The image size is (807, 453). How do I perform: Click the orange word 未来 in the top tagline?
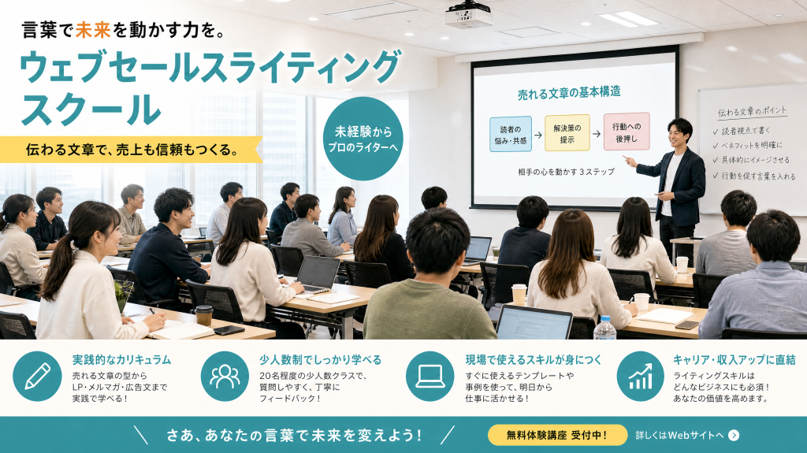click(x=93, y=30)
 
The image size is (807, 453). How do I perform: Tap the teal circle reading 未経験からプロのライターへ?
click(x=363, y=139)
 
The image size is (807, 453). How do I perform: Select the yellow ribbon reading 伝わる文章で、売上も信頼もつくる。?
click(x=132, y=150)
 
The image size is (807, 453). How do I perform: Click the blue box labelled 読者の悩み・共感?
click(x=511, y=135)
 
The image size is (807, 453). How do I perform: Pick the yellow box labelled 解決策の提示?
click(x=567, y=133)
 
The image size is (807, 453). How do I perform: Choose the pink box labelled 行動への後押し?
click(x=627, y=132)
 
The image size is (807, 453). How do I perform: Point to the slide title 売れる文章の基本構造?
click(x=569, y=93)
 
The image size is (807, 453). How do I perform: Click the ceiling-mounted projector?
click(x=469, y=16)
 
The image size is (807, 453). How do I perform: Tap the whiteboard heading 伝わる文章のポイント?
click(x=752, y=112)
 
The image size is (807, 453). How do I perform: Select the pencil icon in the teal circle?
click(x=37, y=377)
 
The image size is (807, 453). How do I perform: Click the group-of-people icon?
click(x=225, y=377)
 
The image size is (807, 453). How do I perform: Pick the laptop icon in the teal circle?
click(x=430, y=377)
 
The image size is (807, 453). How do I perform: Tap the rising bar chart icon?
click(x=641, y=377)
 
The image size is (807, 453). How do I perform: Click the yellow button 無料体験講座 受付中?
click(x=557, y=435)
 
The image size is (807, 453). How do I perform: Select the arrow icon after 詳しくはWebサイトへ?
click(x=734, y=436)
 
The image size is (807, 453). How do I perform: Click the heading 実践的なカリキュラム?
click(x=121, y=360)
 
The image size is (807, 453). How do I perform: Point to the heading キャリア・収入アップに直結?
click(x=734, y=360)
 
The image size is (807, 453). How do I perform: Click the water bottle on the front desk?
click(x=605, y=328)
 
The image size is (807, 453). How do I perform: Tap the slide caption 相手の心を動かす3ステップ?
click(x=566, y=172)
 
